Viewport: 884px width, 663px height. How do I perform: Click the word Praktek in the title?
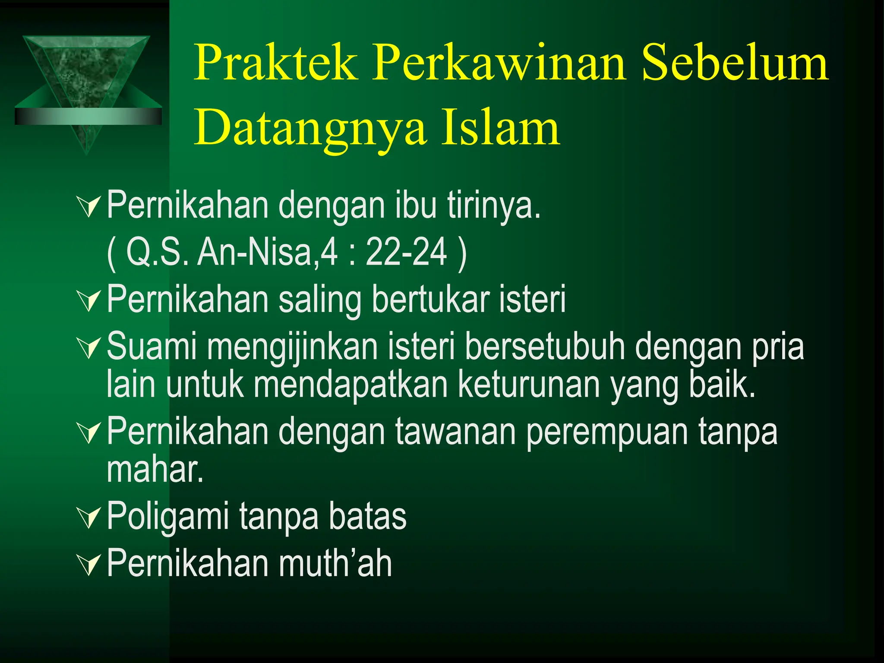(x=277, y=63)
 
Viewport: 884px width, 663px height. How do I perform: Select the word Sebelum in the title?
(x=735, y=63)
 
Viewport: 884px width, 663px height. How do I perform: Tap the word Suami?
(x=152, y=346)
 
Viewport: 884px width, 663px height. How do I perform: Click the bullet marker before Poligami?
(x=89, y=518)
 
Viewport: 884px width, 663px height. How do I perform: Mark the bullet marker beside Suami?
(x=89, y=348)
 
